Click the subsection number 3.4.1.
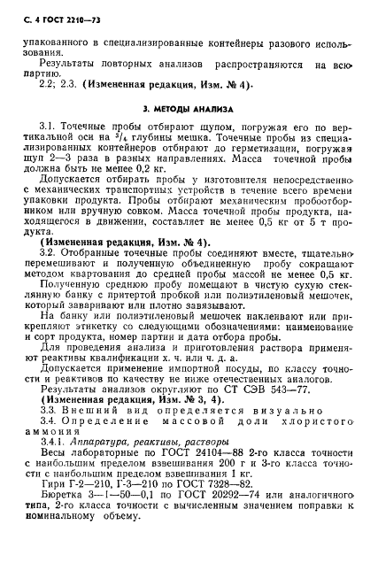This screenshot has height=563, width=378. pos(54,441)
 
